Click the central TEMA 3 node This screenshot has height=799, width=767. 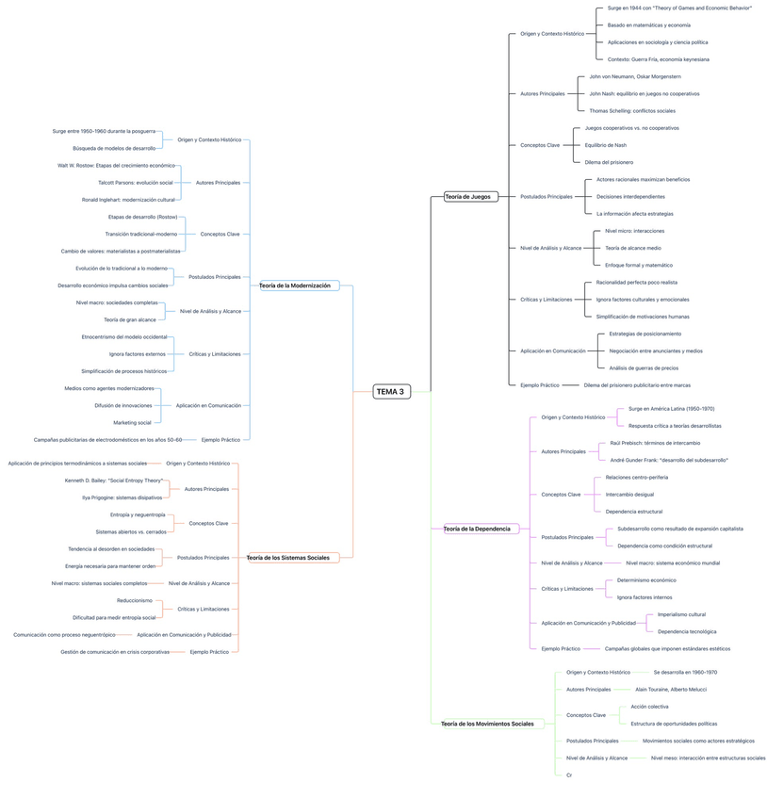[391, 392]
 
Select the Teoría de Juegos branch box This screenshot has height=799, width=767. [469, 196]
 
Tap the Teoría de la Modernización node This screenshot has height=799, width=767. [295, 285]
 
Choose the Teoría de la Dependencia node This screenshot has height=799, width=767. [477, 529]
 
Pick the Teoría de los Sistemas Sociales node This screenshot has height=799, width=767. [287, 558]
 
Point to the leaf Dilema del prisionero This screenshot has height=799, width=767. [609, 162]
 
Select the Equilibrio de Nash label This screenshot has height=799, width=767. [605, 145]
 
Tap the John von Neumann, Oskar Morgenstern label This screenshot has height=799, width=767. [635, 76]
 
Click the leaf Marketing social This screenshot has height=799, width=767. [132, 422]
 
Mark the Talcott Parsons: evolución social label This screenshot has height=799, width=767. [136, 182]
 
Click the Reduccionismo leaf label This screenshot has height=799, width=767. [135, 600]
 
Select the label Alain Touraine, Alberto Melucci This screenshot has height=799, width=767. [671, 689]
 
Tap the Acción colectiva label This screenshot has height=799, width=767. [650, 707]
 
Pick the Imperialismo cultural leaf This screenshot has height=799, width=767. [681, 614]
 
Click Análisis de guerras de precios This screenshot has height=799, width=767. [644, 367]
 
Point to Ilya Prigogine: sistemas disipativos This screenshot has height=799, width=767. [122, 497]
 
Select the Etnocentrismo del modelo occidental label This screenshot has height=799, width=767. [124, 336]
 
